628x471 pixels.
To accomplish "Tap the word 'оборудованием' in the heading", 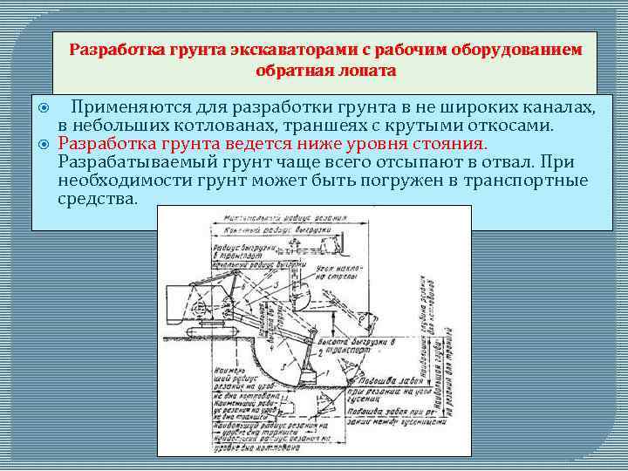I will (x=516, y=50).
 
